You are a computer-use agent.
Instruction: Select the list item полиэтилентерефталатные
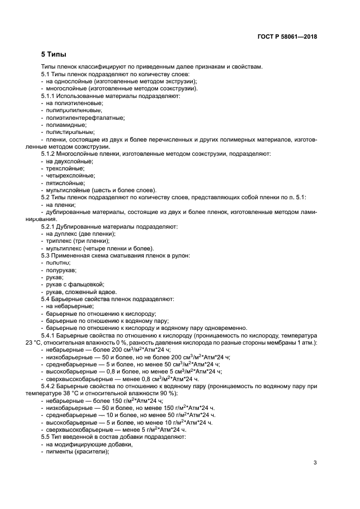[77, 117]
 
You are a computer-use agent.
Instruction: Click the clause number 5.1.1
[49, 95]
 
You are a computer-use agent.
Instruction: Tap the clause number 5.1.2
[49, 154]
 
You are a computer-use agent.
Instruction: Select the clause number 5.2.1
[49, 226]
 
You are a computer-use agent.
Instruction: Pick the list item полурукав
[61, 270]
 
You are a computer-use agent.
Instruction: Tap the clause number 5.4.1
[49, 336]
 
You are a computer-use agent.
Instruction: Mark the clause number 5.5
[46, 437]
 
